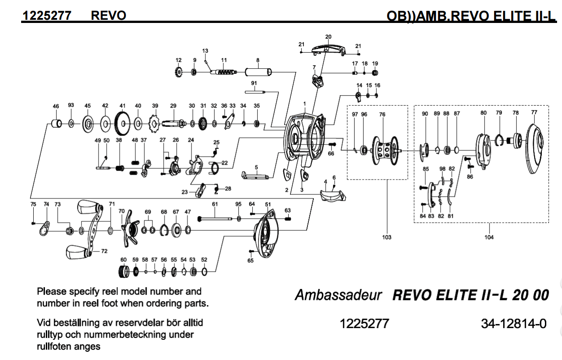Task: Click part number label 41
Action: coord(122,106)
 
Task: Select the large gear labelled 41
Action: coord(122,122)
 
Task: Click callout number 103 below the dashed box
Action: coord(387,237)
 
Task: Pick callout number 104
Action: coord(489,237)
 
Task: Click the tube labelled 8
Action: coord(259,72)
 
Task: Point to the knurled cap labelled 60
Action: coord(121,272)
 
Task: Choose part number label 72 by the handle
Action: coord(104,251)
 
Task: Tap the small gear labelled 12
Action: coord(178,72)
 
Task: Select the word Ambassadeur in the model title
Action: coord(338,296)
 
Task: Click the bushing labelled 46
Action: coord(56,123)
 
